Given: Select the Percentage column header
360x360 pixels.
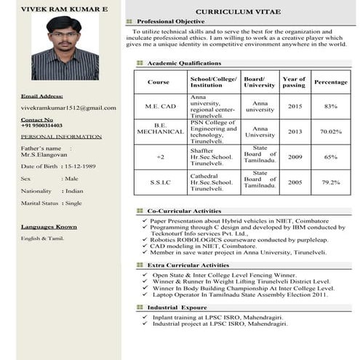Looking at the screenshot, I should pyautogui.click(x=331, y=82).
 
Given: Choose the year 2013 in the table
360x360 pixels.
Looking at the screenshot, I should pyautogui.click(x=295, y=132).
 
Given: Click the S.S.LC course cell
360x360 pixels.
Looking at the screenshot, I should pyautogui.click(x=159, y=182).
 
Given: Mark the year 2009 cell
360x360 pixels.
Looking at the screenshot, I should pyautogui.click(x=295, y=157).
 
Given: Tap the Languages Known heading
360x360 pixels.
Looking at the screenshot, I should pyautogui.click(x=49, y=227).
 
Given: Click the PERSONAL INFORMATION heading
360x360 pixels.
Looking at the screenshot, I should pyautogui.click(x=51, y=137).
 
